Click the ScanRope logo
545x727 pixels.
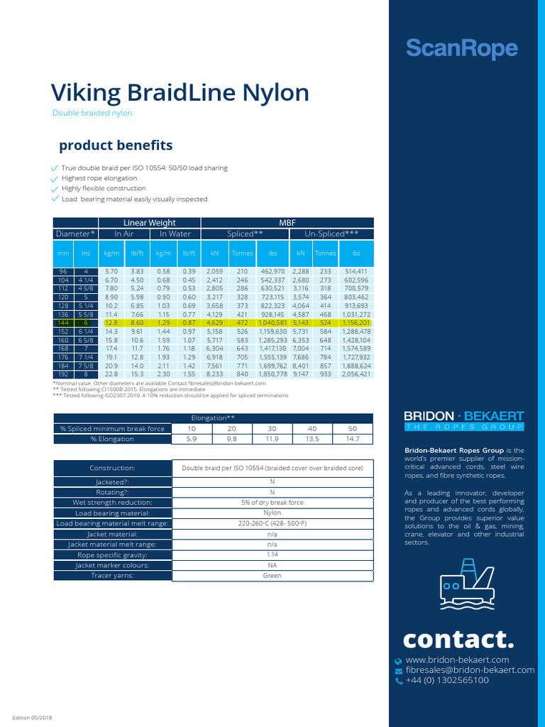[461, 49]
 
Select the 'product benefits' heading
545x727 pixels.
[116, 146]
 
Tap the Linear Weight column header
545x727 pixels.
[150, 223]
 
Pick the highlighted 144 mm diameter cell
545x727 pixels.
[62, 322]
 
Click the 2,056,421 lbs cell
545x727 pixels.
[356, 373]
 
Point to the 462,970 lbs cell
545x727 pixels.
[272, 271]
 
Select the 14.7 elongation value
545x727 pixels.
[352, 439]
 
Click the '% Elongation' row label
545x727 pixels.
[112, 439]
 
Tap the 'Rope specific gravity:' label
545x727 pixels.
[112, 554]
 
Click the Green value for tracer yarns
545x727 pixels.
[272, 576]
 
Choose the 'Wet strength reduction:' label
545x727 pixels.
[112, 502]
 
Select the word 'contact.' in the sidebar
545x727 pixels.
[458, 639]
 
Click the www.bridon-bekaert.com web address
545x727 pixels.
[461, 660]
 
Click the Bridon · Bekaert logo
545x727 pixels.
[463, 420]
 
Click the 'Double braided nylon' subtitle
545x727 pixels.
[92, 113]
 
